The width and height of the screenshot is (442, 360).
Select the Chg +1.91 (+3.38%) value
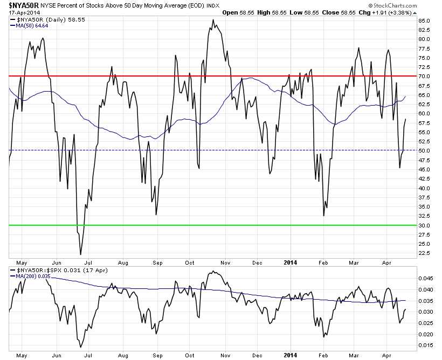click(385, 11)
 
